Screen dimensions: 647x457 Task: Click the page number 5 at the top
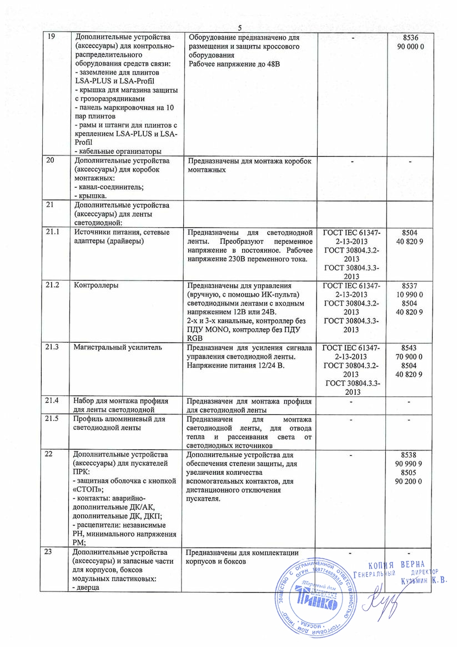[x=240, y=28]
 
